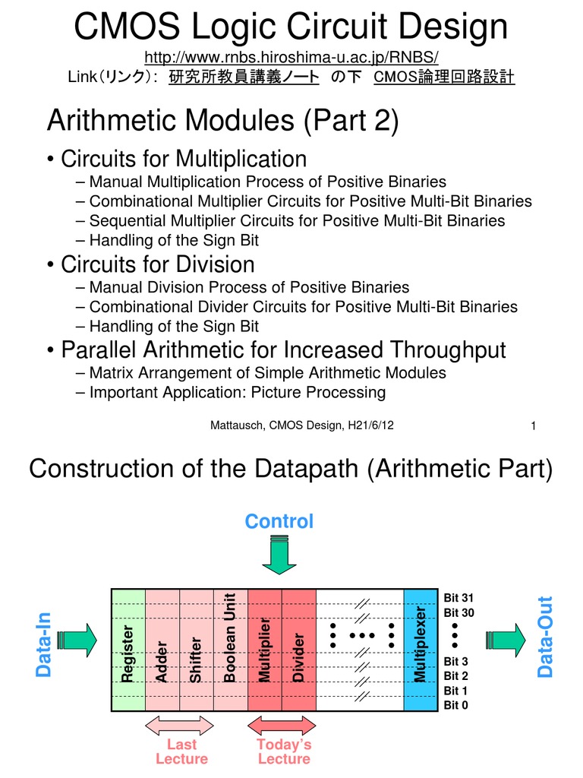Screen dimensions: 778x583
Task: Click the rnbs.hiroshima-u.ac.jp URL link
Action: [x=291, y=59]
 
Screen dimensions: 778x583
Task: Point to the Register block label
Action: [x=128, y=653]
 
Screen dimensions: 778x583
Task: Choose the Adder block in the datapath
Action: [x=162, y=659]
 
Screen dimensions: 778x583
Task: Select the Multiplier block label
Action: [x=264, y=650]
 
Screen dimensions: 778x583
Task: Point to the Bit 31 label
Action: [x=459, y=598]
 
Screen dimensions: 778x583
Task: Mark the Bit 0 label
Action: [x=456, y=705]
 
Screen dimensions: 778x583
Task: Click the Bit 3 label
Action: [x=456, y=662]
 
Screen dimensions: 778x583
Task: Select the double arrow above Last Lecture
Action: [x=180, y=725]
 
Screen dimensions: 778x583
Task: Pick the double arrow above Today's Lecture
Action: [x=283, y=725]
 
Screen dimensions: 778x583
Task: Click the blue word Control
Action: [x=279, y=521]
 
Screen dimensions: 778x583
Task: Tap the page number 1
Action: [x=534, y=426]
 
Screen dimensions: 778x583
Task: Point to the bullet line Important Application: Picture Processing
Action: [x=237, y=393]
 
